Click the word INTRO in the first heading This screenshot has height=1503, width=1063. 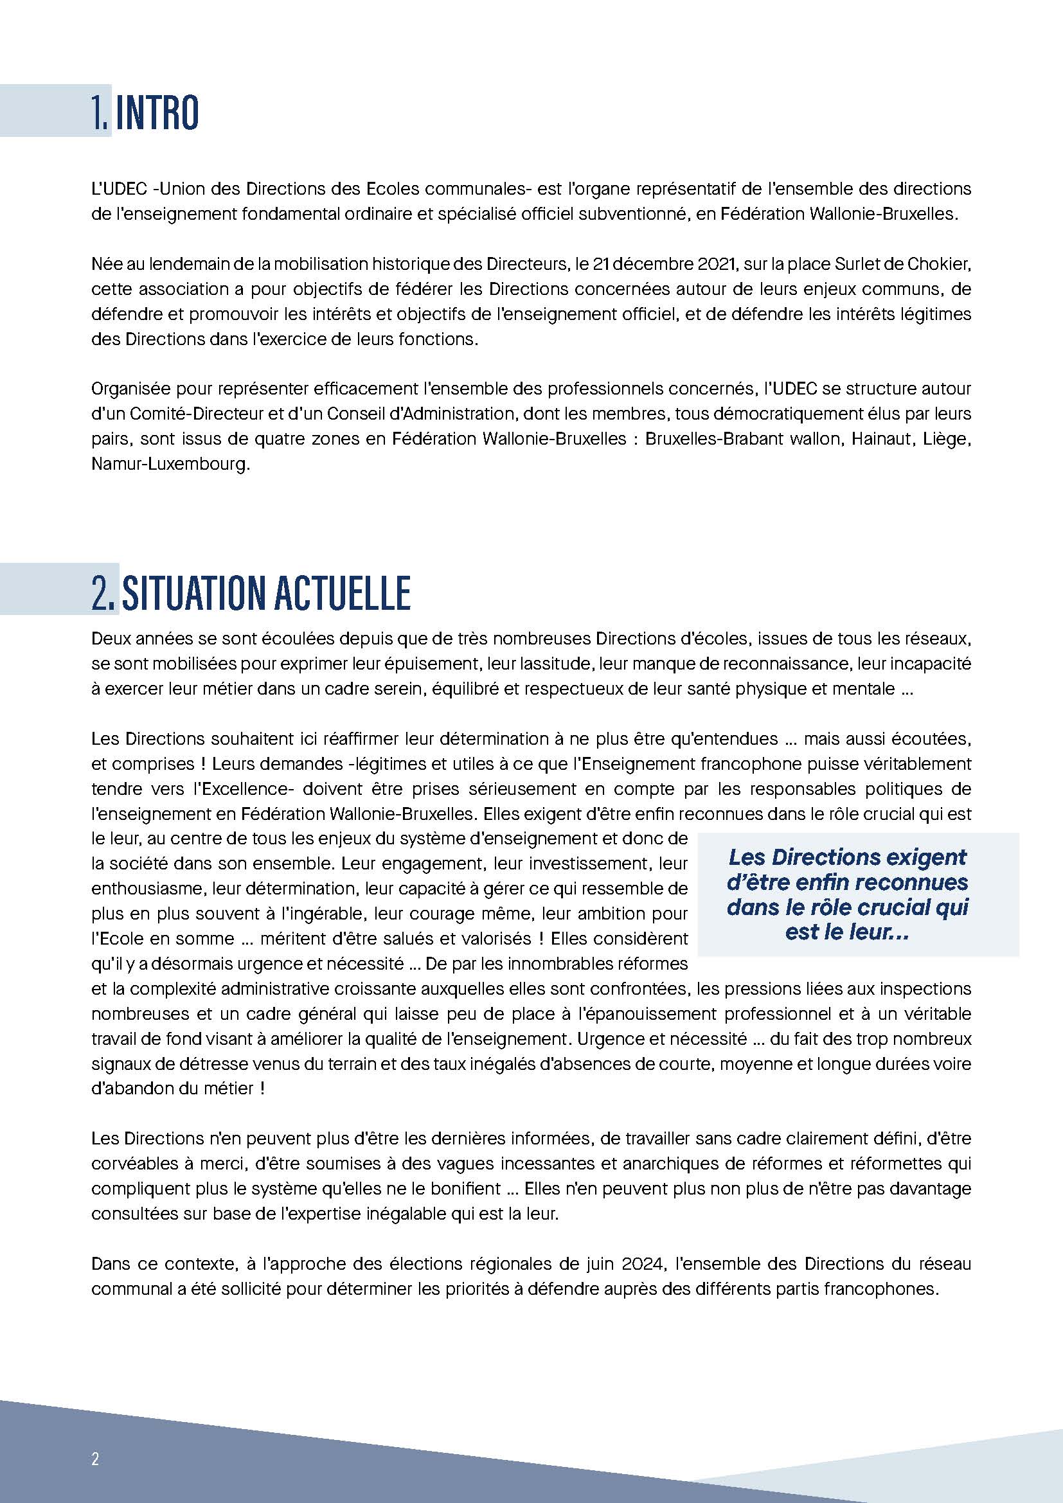157,112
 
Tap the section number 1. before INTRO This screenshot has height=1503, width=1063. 100,112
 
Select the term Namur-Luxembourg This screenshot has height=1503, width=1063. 170,464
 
